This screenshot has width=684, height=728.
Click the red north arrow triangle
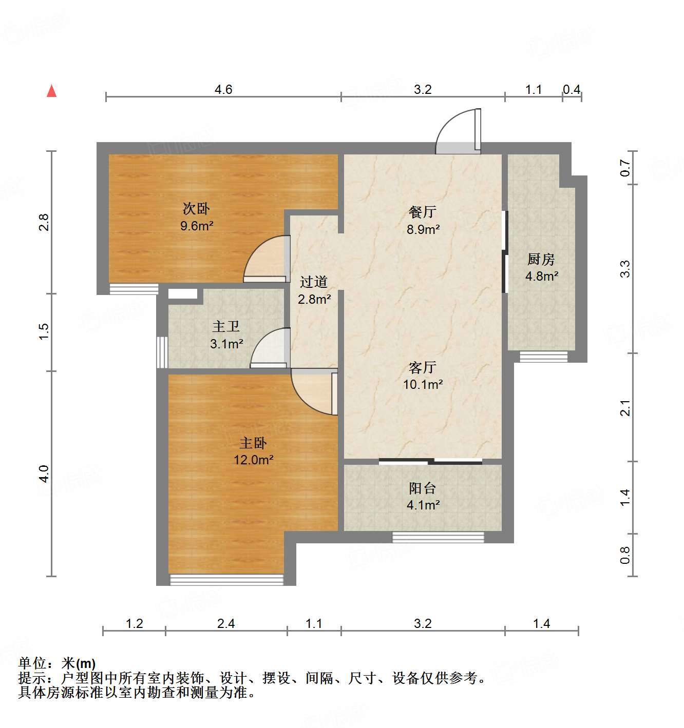click(x=51, y=91)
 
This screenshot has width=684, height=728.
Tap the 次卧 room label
click(x=196, y=209)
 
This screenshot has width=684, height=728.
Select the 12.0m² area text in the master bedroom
click(x=253, y=460)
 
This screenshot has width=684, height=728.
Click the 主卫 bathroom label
click(x=226, y=326)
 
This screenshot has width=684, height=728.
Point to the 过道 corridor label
click(x=314, y=282)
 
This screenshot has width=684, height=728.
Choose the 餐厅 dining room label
click(x=423, y=211)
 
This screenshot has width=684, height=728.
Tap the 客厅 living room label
click(x=423, y=367)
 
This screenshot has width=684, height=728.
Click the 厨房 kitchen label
click(x=541, y=259)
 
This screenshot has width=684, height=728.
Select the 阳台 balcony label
click(x=423, y=488)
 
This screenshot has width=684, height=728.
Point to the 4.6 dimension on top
click(x=223, y=89)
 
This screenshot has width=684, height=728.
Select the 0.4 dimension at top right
click(x=572, y=89)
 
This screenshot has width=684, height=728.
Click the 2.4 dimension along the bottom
click(x=226, y=623)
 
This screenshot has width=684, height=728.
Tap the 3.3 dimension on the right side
click(x=624, y=269)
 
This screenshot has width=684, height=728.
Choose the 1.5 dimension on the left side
click(x=44, y=330)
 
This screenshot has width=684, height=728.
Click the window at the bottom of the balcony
click(x=438, y=537)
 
